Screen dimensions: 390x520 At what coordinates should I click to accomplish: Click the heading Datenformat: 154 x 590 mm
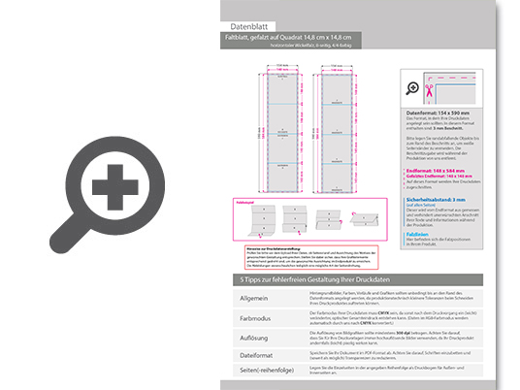pos(446,114)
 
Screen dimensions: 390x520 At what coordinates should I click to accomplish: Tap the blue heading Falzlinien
pos(419,234)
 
